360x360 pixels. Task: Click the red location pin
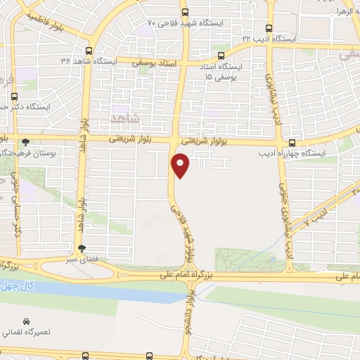tap(181, 166)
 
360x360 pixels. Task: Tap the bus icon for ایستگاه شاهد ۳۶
tap(88, 51)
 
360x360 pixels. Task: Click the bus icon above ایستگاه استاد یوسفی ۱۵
tap(221, 56)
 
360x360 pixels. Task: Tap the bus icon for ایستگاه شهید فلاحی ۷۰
tap(184, 13)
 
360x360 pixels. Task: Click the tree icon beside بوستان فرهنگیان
tap(26, 141)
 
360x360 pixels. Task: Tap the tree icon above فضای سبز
tap(82, 247)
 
